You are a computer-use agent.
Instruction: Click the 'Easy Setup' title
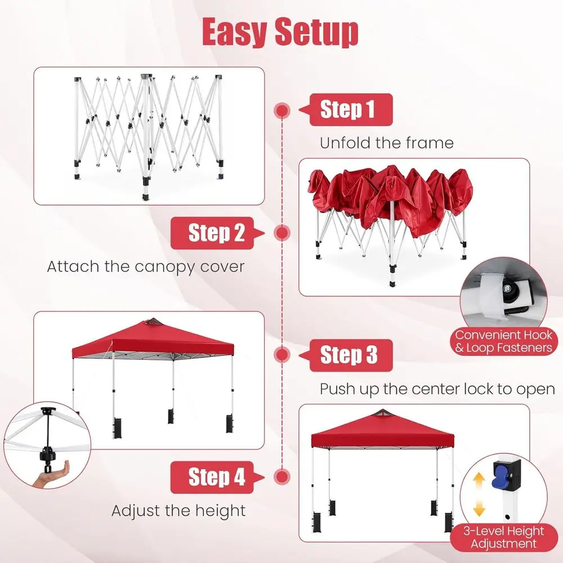280,32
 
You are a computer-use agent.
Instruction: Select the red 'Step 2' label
217,233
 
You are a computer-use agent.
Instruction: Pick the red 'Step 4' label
217,477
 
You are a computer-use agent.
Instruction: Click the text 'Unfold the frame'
387,143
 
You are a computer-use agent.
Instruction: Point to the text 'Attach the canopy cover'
146,267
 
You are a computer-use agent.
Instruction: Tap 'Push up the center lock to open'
437,389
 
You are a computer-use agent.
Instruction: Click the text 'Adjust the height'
178,511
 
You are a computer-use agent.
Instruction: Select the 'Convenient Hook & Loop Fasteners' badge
504,342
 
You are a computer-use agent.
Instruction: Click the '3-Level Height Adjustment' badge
504,538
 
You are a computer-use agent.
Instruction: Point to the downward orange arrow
479,507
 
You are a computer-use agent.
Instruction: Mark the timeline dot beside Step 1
282,110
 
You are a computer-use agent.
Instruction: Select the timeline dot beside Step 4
282,477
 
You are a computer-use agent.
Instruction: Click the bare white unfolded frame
148,136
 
